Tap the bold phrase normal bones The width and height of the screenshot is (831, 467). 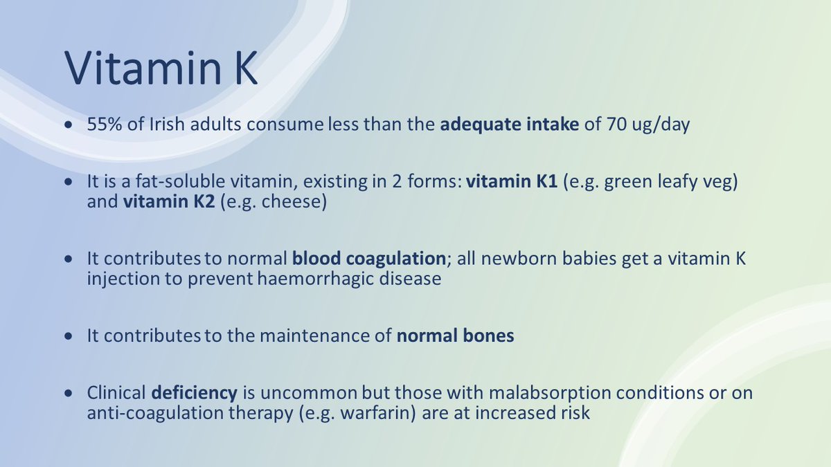point(455,336)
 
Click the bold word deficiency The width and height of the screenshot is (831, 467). point(194,393)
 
